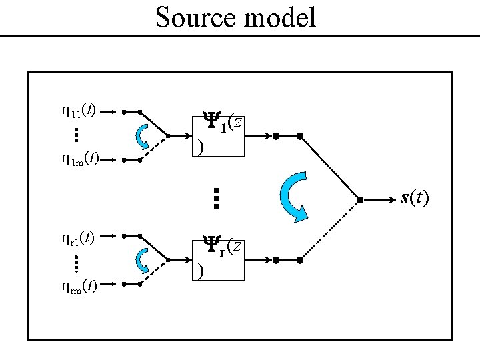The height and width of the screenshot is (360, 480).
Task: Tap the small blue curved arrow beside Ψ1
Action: coord(143,137)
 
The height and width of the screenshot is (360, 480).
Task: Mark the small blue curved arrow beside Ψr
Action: coord(143,261)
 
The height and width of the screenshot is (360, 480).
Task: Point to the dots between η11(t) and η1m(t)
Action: coord(76,136)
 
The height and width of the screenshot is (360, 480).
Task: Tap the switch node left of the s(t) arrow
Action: coord(359,199)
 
